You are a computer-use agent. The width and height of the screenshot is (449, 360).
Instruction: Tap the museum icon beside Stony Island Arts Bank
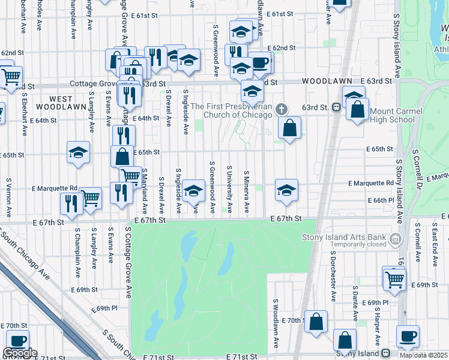pos(394,240)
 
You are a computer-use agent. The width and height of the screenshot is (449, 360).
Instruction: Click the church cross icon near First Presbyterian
pos(283,109)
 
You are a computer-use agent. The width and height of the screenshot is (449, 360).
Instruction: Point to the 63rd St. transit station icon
pos(337,107)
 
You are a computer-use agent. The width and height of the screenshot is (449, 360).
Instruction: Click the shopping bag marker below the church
pos(289,128)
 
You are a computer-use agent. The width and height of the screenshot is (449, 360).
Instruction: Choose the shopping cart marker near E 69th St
pos(394,278)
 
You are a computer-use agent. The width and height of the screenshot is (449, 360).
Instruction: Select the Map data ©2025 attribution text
pos(423,355)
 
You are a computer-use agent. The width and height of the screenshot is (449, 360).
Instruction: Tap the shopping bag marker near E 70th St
pos(316,322)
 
